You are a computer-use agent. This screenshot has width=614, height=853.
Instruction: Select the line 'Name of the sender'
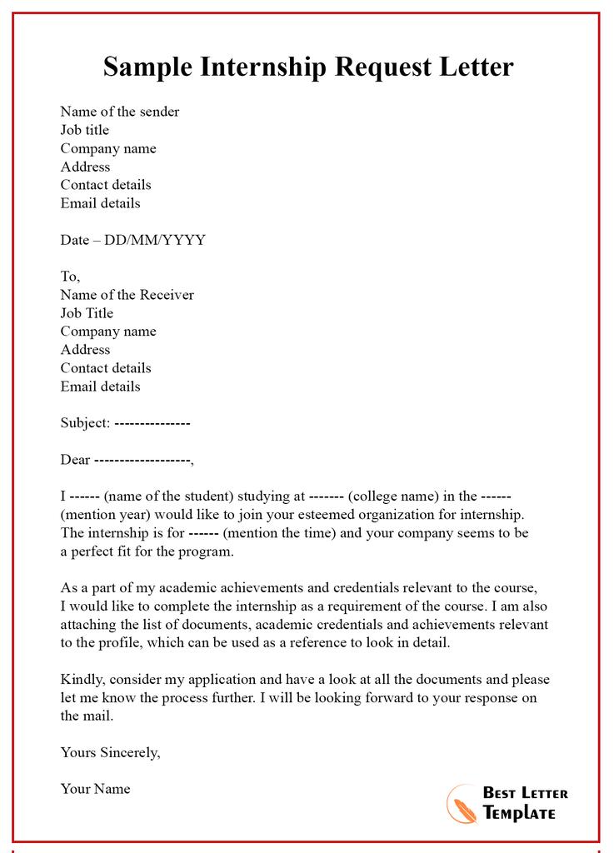(119, 112)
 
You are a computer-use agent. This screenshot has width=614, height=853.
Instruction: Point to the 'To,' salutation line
(70, 277)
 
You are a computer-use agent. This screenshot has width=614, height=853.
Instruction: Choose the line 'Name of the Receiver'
(127, 295)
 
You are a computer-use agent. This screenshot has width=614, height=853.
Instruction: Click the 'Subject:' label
(85, 423)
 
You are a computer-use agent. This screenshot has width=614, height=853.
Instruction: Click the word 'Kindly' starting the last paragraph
(81, 680)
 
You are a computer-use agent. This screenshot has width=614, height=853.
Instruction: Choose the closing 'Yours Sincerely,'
(110, 753)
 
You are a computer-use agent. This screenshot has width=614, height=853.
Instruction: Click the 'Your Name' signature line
(95, 789)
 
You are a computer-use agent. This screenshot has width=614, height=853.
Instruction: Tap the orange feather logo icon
(462, 804)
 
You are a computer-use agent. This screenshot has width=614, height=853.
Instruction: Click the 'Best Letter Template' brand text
(525, 803)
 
